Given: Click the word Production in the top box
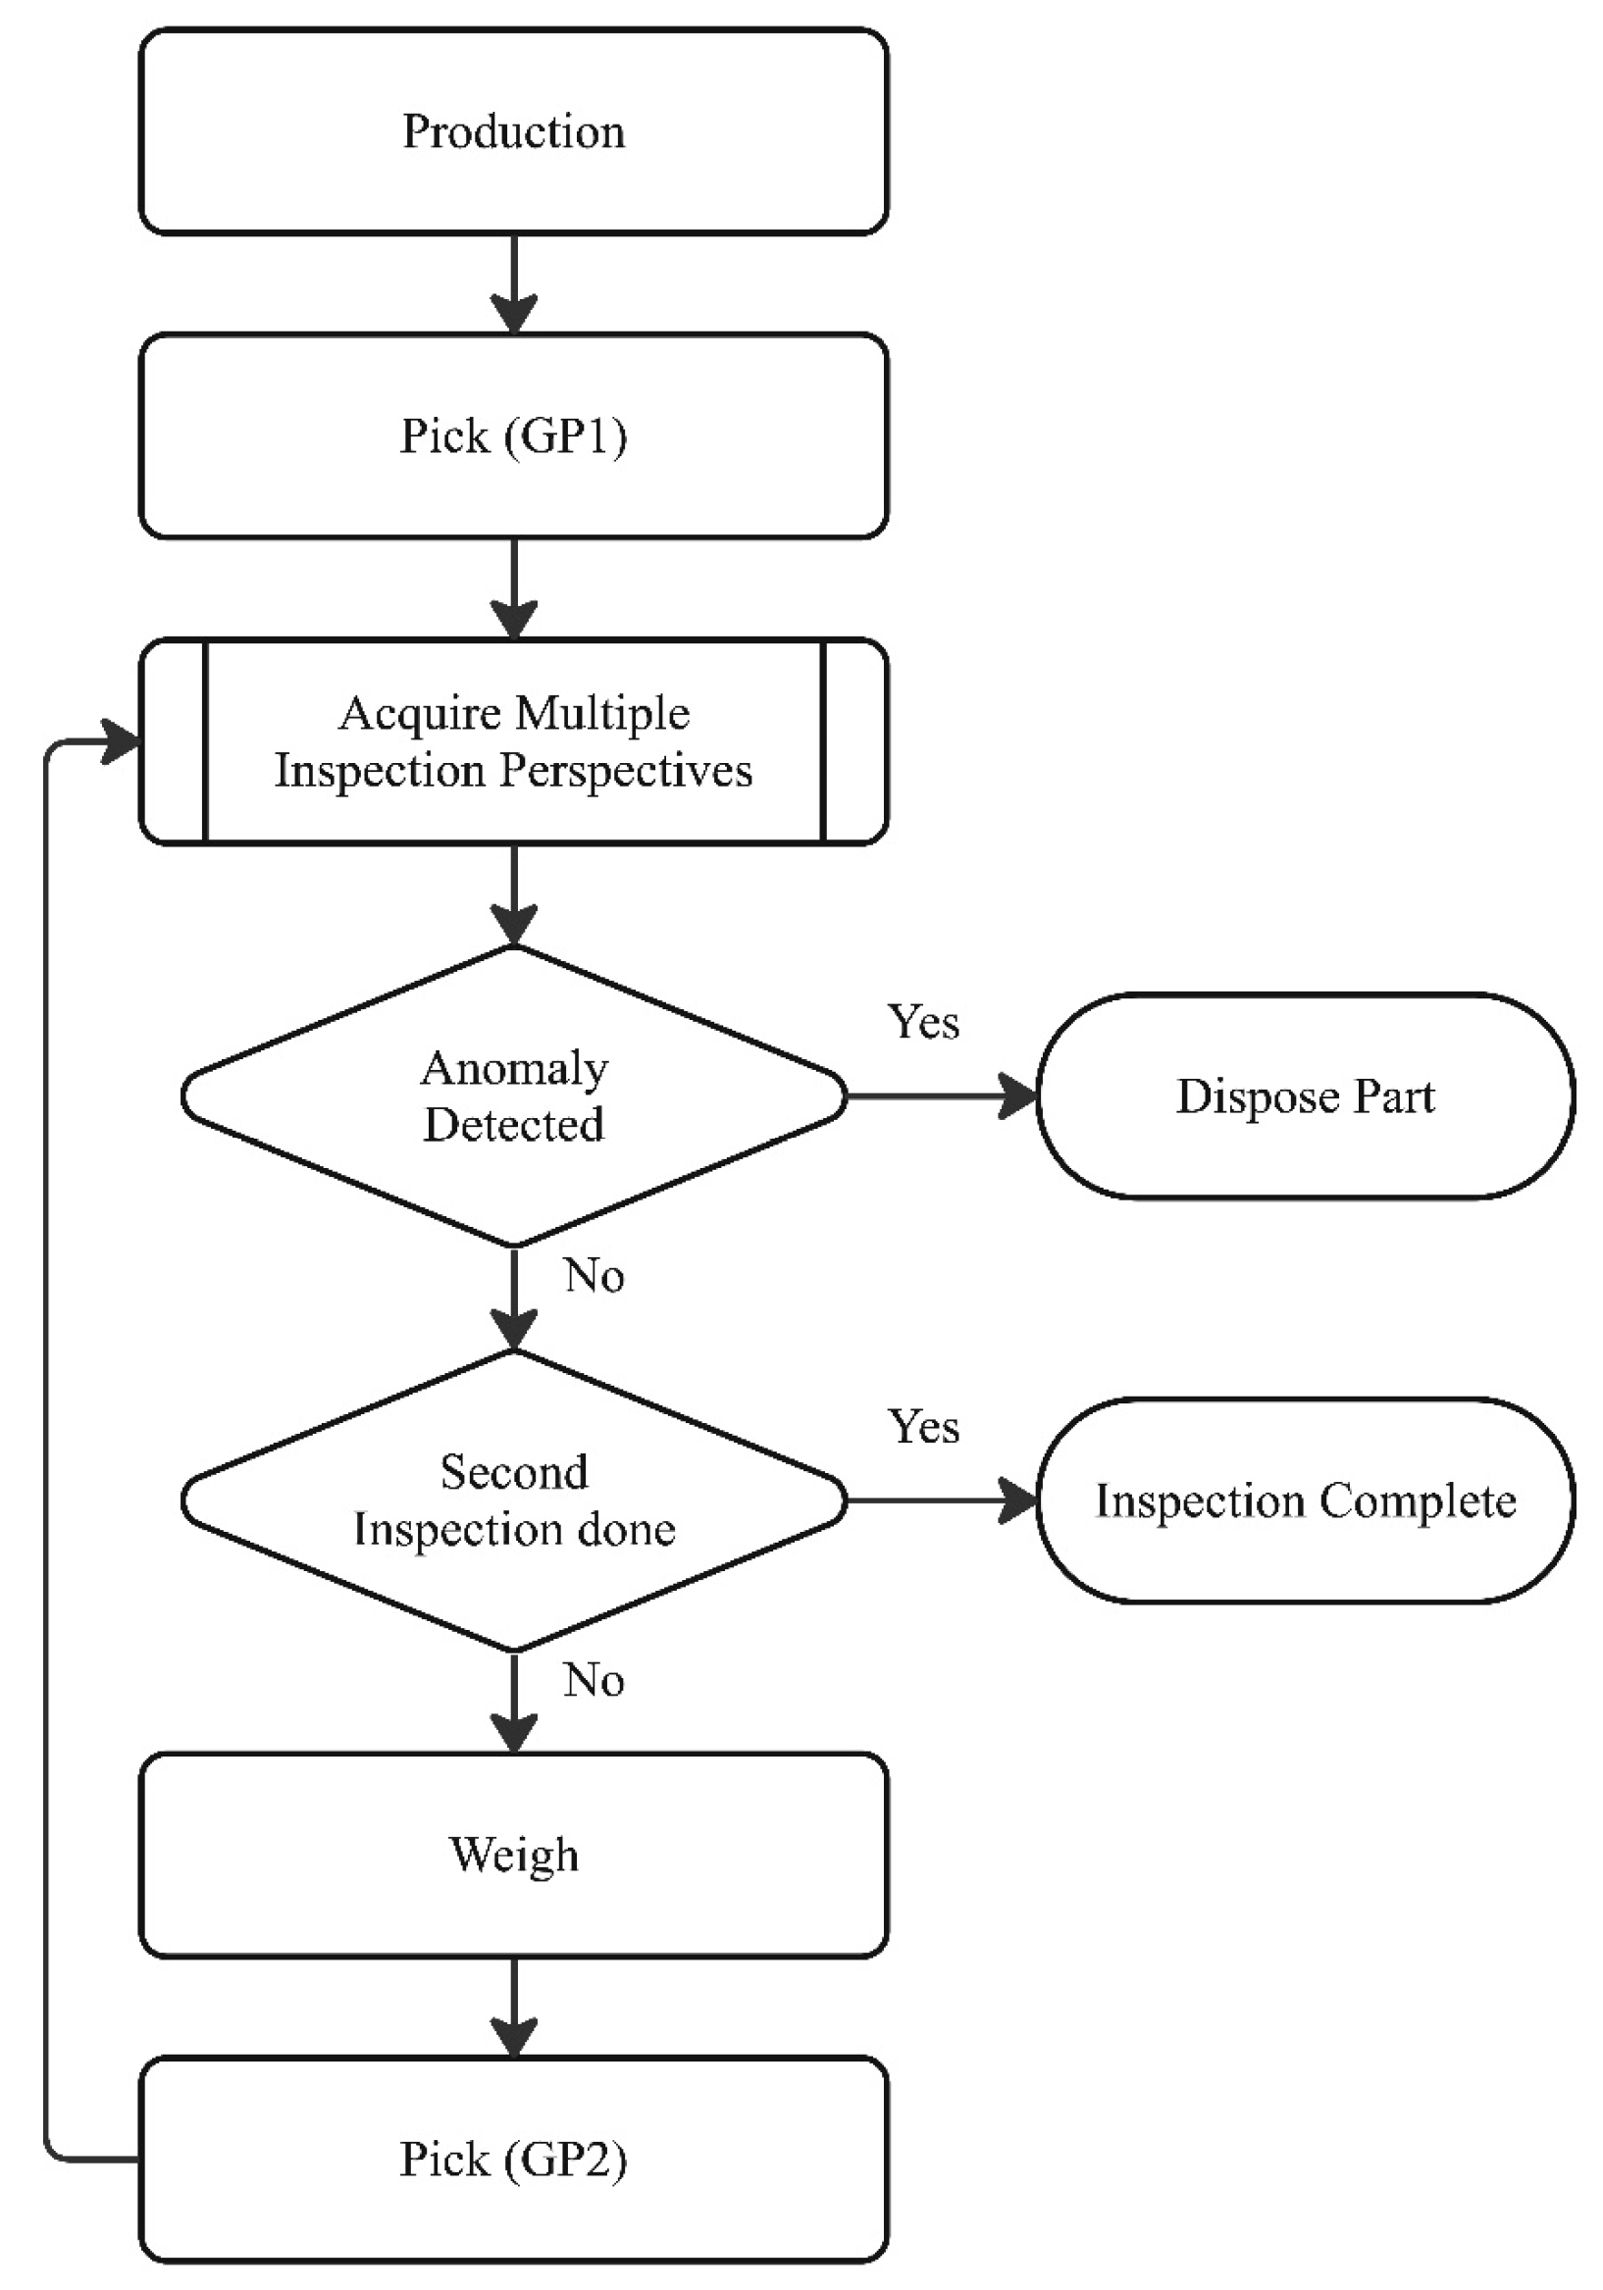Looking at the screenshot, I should (513, 131).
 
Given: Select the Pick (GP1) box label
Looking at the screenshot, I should (513, 435).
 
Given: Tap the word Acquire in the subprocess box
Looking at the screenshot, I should (419, 713).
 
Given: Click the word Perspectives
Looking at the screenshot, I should (626, 770).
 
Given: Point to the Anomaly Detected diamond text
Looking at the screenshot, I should (513, 1096).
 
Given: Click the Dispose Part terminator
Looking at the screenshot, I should (1305, 1096).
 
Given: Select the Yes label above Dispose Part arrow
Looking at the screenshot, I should (923, 1022).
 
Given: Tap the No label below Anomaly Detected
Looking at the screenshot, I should (594, 1276).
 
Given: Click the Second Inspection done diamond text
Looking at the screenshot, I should (513, 1501).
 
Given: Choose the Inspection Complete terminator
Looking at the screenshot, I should (1305, 1501).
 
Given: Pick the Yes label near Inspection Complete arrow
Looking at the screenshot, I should (923, 1426).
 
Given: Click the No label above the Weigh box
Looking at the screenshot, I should (594, 1681).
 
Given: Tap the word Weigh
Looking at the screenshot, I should (513, 1856).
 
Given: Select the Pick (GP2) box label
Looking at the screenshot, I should (513, 2160).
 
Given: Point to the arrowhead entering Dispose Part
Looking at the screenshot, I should (1019, 1096).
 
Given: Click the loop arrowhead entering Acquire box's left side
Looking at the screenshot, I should (122, 741).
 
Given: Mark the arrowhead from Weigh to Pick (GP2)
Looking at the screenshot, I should (513, 2037).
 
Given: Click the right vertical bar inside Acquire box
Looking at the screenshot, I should (823, 741).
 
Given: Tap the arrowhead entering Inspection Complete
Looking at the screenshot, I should (1019, 1501).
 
